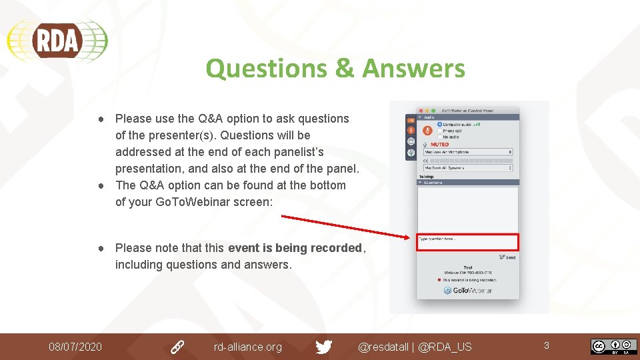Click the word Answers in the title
coord(414,68)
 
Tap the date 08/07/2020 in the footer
coord(75,347)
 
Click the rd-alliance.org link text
coord(247,347)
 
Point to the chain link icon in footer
coord(177,347)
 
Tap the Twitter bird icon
coord(324,347)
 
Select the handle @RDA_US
coord(445,347)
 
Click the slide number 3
coord(547,345)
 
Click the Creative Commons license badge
coord(613,347)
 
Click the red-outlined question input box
coord(467,243)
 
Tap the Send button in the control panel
coord(507,257)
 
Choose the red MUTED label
coord(439,144)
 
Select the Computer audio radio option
coord(440,125)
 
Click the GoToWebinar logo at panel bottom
coord(468,291)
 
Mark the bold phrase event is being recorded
coord(295,248)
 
